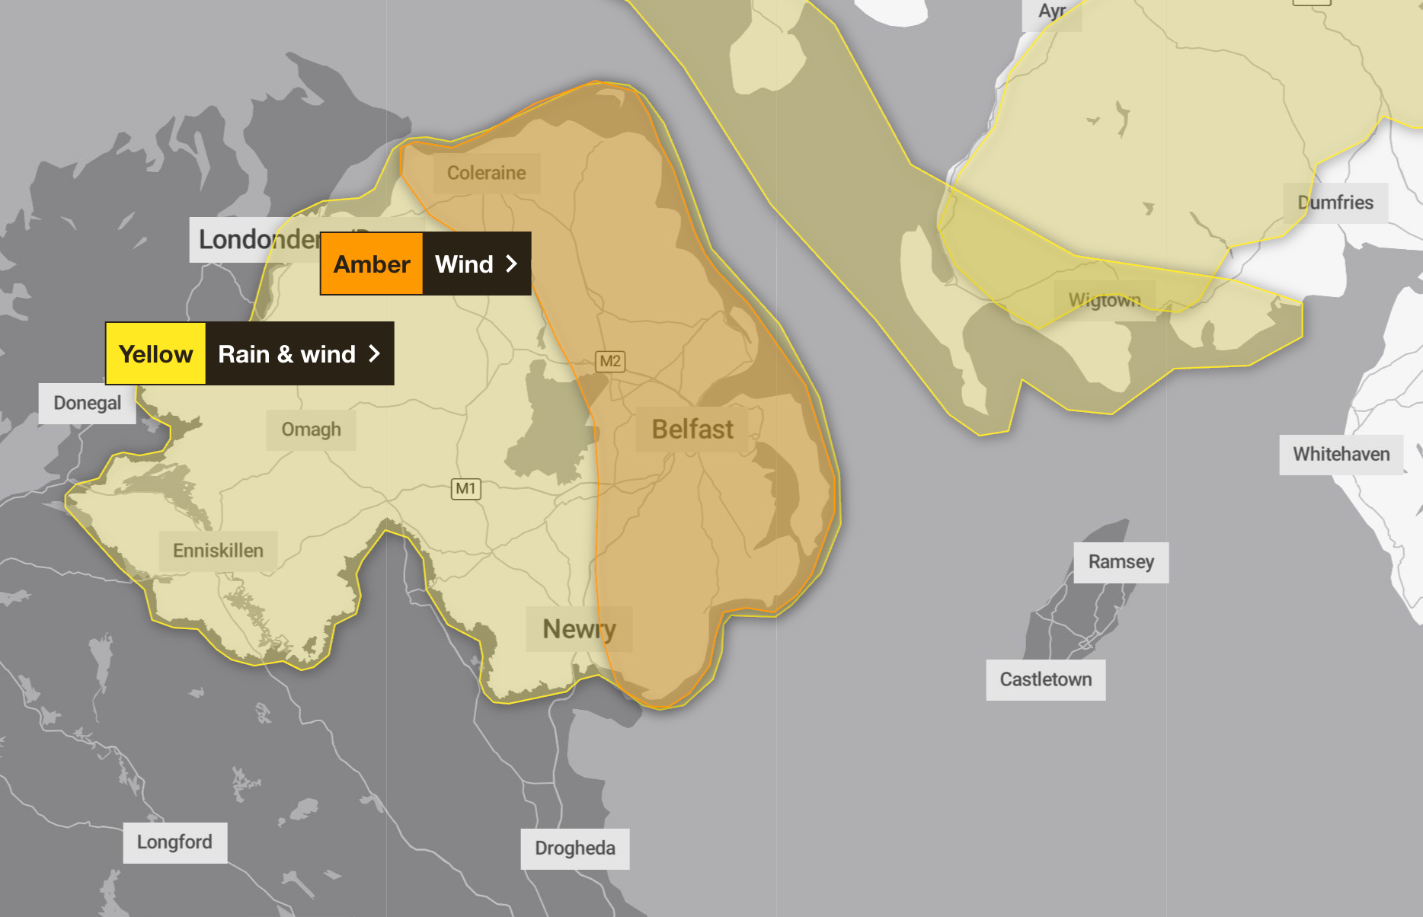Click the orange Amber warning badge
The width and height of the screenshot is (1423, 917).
(372, 264)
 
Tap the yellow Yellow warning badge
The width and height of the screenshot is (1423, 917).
(156, 354)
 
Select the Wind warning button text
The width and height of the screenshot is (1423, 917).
(464, 264)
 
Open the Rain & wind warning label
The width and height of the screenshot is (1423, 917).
(286, 354)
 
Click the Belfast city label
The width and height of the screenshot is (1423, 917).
(692, 430)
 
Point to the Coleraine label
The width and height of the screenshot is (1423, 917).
(486, 173)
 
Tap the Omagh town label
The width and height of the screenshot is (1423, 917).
(311, 430)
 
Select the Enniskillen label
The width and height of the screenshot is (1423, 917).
(218, 551)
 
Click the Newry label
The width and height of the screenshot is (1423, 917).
(579, 629)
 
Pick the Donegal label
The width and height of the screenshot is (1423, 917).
(87, 403)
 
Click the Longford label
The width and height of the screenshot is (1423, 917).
(174, 842)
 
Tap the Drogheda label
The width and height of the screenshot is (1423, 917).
(574, 848)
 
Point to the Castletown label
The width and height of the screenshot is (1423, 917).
(1045, 679)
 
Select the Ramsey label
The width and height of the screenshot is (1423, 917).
(1121, 562)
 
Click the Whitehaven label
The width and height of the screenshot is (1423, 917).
(1341, 455)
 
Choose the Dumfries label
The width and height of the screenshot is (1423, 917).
(1335, 203)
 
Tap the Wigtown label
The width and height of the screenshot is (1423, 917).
(1105, 300)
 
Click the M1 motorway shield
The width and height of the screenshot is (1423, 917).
(465, 488)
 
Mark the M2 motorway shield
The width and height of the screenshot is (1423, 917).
(609, 361)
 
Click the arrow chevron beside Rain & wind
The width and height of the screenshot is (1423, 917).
(374, 353)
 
